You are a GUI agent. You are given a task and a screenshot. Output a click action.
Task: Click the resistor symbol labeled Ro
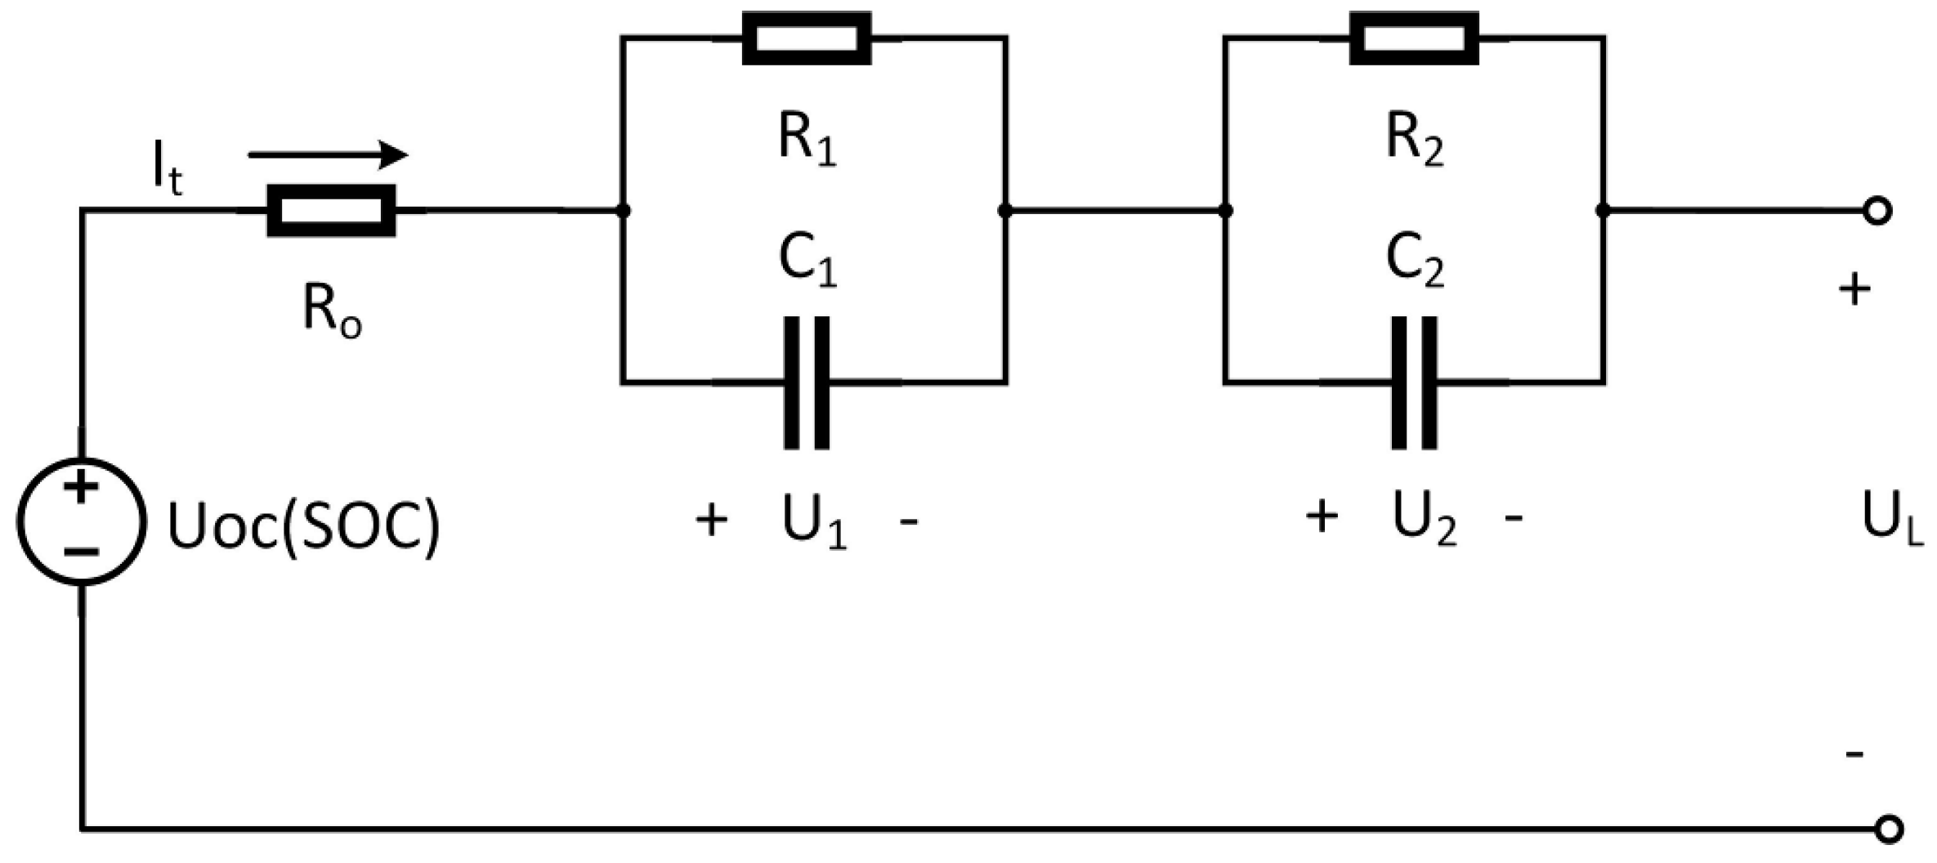click(x=331, y=211)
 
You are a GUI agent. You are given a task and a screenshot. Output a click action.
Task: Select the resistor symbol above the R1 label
click(x=807, y=38)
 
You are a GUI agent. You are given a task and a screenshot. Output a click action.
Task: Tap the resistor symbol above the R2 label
click(x=1414, y=38)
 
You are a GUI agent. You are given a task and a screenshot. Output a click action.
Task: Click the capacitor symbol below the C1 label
click(x=807, y=382)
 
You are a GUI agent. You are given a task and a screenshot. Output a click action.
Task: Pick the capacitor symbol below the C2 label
click(x=1414, y=382)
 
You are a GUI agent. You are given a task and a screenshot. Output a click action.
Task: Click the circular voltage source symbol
click(x=81, y=521)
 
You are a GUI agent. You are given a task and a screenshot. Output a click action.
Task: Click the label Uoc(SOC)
click(x=303, y=525)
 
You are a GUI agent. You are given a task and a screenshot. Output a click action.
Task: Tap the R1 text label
click(x=807, y=141)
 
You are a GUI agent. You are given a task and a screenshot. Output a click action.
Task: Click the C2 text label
click(x=1415, y=262)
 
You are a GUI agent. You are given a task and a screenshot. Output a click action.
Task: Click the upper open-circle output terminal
click(x=1878, y=211)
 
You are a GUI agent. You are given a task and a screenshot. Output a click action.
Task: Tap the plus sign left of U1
click(x=711, y=520)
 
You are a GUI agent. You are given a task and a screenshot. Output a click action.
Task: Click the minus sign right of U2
click(x=1514, y=518)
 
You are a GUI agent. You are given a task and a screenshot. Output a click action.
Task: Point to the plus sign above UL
click(x=1854, y=290)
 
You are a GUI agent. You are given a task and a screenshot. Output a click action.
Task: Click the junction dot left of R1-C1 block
click(x=623, y=211)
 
